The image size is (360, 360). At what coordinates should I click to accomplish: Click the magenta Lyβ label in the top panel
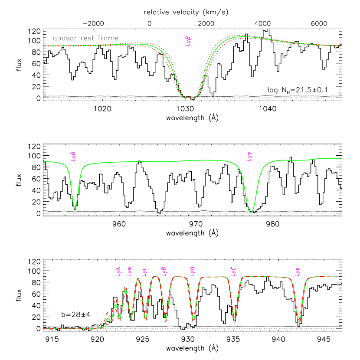pyautogui.click(x=188, y=41)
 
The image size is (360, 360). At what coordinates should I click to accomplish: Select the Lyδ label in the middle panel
pyautogui.click(x=73, y=157)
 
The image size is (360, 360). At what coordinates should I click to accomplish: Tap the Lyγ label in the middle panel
pyautogui.click(x=250, y=157)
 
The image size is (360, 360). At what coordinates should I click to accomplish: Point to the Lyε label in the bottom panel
pyautogui.click(x=298, y=272)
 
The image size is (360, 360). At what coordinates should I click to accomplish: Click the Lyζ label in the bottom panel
pyautogui.click(x=233, y=272)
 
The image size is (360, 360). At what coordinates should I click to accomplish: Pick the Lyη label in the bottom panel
pyautogui.click(x=193, y=272)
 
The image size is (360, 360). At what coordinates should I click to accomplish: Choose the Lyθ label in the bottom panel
pyautogui.click(x=164, y=272)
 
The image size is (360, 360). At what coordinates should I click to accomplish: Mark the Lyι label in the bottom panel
pyautogui.click(x=145, y=272)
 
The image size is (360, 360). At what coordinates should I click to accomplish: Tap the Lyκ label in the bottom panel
pyautogui.click(x=129, y=272)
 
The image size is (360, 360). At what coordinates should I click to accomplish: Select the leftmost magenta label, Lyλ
pyautogui.click(x=118, y=272)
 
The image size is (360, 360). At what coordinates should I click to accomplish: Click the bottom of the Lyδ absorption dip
pyautogui.click(x=75, y=209)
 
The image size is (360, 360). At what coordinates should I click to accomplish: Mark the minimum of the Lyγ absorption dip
pyautogui.click(x=251, y=212)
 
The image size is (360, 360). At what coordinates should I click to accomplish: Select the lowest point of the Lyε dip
pyautogui.click(x=299, y=322)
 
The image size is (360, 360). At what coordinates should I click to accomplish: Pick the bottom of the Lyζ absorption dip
pyautogui.click(x=235, y=321)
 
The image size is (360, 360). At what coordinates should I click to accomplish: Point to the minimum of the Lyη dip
pyautogui.click(x=193, y=320)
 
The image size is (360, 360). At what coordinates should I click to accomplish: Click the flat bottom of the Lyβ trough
pyautogui.click(x=190, y=97)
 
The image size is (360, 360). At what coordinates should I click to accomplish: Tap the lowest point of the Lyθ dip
pyautogui.click(x=166, y=320)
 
